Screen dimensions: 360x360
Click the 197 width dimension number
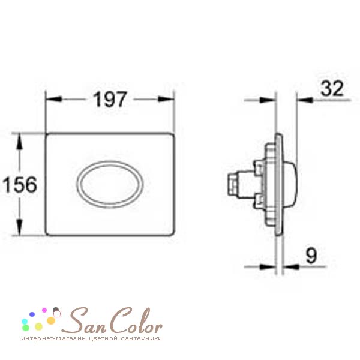[110, 99]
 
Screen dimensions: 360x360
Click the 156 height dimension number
[20, 184]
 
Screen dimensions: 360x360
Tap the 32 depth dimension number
[332, 88]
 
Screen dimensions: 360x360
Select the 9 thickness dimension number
[311, 256]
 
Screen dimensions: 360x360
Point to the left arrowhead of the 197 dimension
[54, 99]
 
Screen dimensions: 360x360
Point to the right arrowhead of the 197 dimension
[166, 99]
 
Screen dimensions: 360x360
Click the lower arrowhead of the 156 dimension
[20, 227]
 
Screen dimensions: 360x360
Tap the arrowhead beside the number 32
[305, 100]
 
